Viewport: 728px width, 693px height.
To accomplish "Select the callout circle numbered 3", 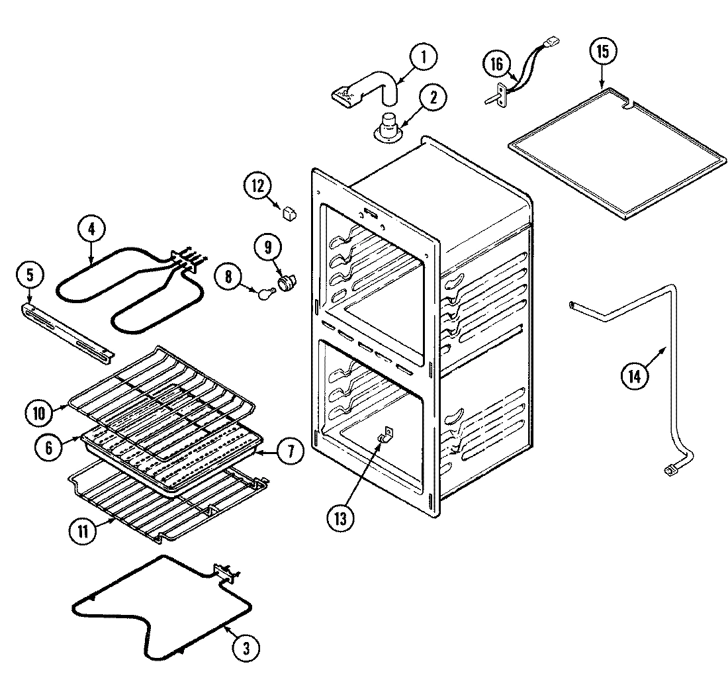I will pos(245,648).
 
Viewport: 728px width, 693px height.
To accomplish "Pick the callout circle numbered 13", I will pos(340,518).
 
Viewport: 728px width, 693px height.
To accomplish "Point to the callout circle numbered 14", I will pos(633,376).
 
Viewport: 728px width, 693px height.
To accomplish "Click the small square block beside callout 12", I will pos(289,213).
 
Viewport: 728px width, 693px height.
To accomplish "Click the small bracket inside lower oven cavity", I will pos(385,436).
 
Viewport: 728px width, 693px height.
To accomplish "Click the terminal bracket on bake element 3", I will pos(224,573).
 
